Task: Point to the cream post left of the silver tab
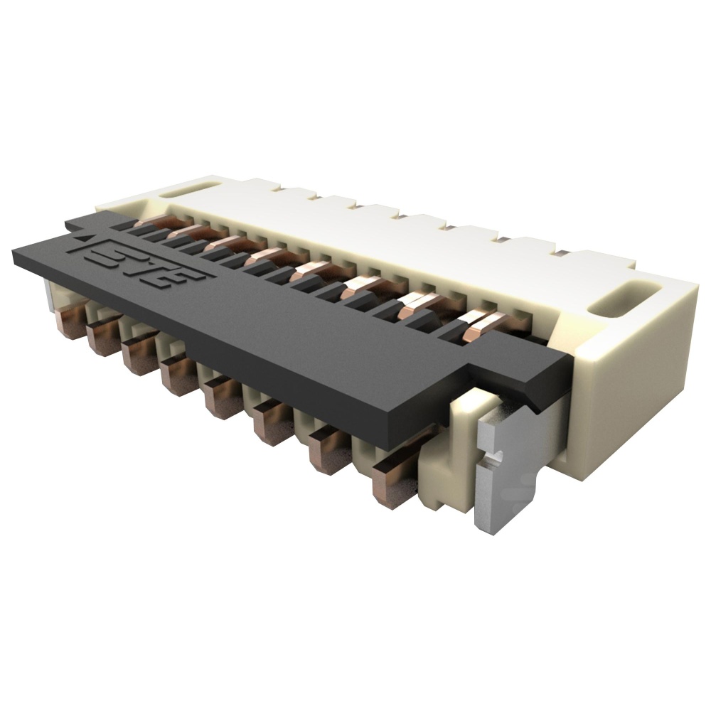pos(448,462)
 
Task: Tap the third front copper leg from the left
pos(138,354)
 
